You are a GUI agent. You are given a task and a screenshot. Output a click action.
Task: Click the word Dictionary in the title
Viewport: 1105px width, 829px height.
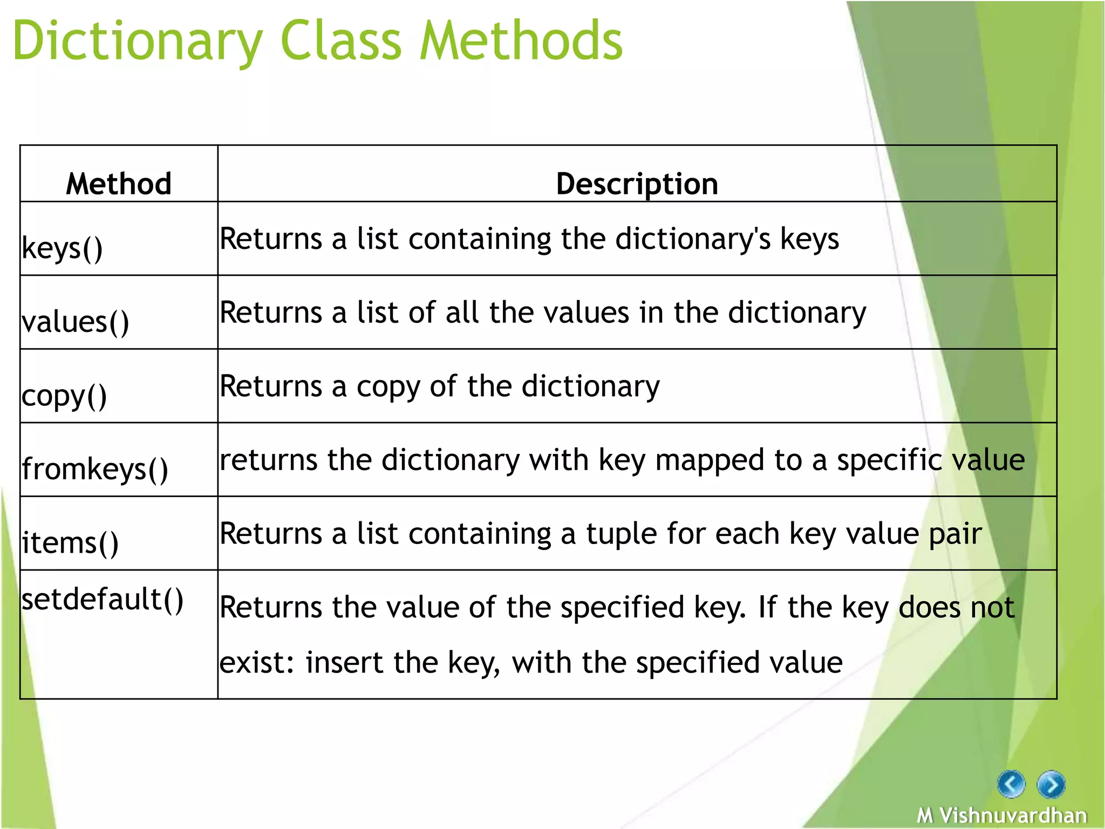pyautogui.click(x=138, y=42)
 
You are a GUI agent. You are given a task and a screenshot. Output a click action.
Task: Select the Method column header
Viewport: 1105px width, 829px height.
pyautogui.click(x=119, y=184)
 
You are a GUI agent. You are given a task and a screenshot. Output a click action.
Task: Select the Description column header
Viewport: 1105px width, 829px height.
pyautogui.click(x=637, y=184)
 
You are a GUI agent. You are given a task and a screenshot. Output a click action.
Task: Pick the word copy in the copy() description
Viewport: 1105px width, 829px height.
pyautogui.click(x=387, y=387)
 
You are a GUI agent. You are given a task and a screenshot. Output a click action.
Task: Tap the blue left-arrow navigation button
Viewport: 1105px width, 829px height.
pyautogui.click(x=1011, y=784)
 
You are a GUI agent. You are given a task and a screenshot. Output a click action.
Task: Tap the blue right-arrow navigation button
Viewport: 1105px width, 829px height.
pyautogui.click(x=1051, y=784)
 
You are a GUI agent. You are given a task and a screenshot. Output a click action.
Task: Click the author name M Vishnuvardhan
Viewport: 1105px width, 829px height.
pyautogui.click(x=1002, y=815)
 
